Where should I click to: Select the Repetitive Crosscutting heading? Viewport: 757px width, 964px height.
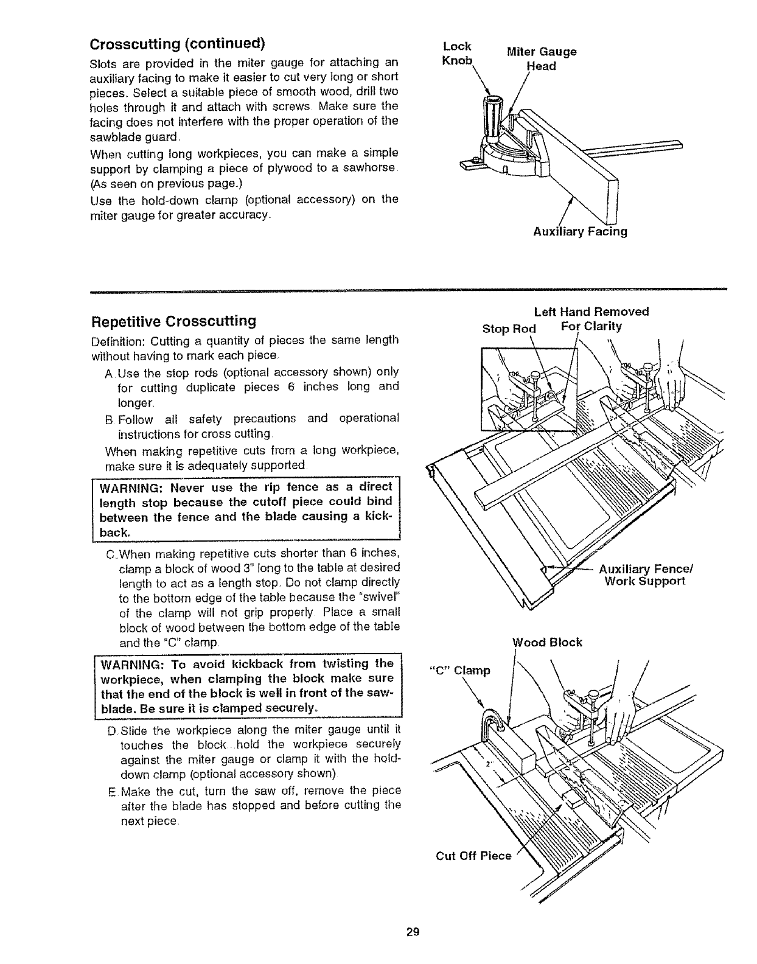coord(173,321)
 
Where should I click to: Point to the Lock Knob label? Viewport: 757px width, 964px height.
coord(457,53)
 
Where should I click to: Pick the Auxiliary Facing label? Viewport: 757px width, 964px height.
coord(580,231)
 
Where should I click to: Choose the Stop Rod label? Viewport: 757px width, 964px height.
coord(509,329)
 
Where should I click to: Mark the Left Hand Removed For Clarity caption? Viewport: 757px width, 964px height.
coord(591,319)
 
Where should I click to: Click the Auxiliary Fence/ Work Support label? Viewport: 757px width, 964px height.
coord(646,575)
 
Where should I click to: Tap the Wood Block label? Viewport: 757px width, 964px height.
coord(548,642)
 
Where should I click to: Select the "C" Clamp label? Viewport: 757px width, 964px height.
coord(460,671)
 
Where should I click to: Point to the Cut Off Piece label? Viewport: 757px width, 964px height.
coord(473,856)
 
